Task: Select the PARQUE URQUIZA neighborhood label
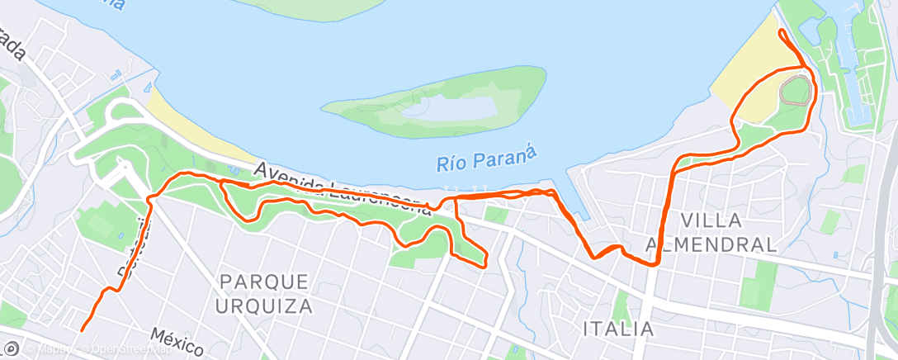pos(266,293)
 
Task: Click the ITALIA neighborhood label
pos(618,329)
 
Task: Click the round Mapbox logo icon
pos(12,348)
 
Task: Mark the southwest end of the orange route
pos(82,330)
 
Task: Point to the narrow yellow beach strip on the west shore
pos(194,132)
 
